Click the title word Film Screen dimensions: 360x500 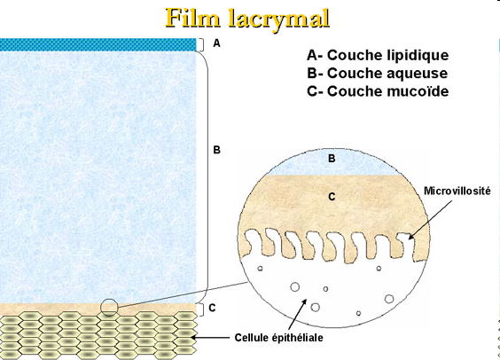(191, 18)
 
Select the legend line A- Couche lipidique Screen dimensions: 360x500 (377, 55)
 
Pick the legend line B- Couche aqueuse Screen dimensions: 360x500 (376, 73)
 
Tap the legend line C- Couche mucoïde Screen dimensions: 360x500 (376, 90)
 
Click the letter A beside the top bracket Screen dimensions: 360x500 (216, 43)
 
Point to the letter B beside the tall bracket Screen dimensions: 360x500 (216, 150)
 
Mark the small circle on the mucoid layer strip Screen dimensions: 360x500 (108, 308)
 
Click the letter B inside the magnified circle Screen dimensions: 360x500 (331, 159)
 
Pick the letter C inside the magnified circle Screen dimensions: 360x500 (331, 197)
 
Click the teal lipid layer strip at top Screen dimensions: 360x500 (97, 44)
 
